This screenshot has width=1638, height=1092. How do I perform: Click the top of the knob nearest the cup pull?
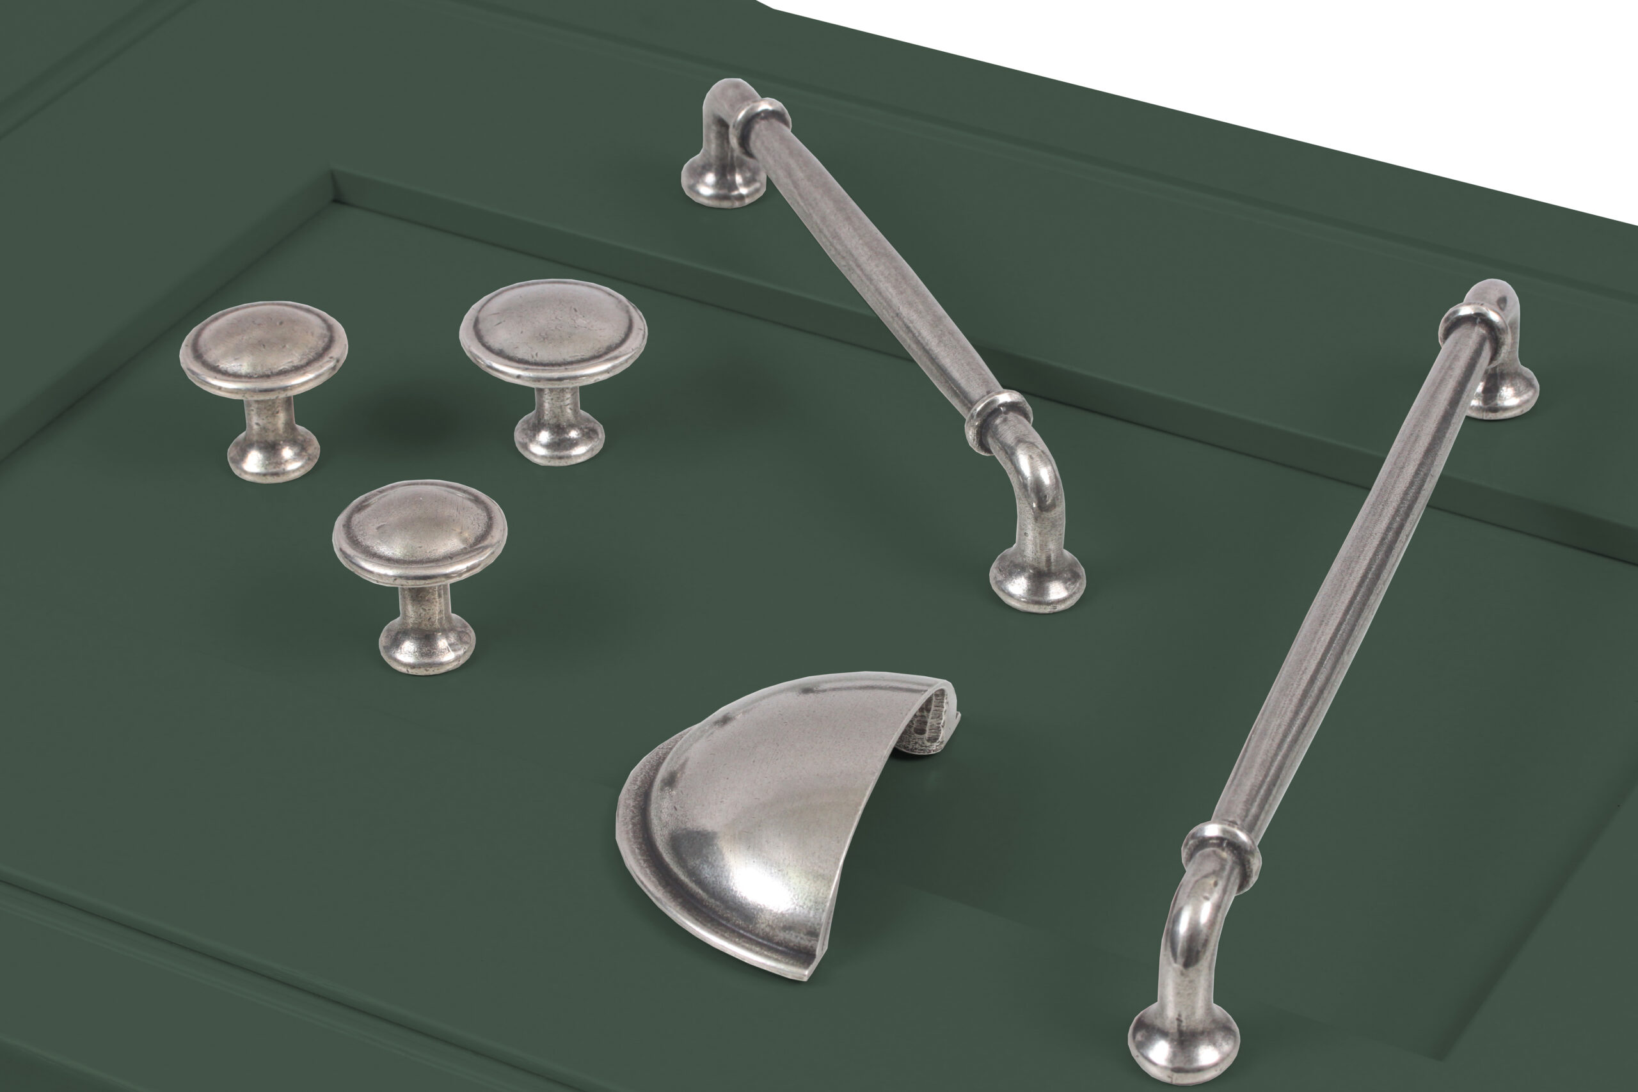point(419,529)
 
